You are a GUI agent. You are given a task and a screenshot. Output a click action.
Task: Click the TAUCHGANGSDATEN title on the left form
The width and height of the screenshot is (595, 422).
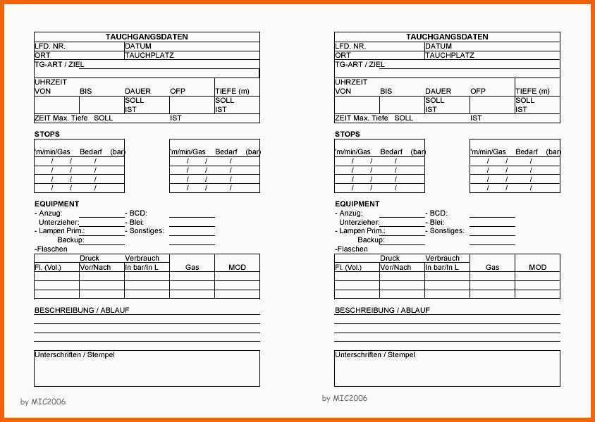pos(147,37)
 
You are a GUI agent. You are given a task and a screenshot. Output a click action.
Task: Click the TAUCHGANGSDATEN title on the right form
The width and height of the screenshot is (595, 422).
pos(447,37)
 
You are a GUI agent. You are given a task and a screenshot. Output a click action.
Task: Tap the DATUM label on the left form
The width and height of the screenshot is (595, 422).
pos(138,46)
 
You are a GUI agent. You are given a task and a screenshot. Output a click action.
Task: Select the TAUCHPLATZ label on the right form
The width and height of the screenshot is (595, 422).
pos(449,55)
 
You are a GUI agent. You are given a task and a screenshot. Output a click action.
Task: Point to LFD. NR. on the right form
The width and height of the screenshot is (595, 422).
pos(350,46)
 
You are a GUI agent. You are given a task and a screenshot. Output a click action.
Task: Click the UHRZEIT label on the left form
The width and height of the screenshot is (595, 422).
pos(51,82)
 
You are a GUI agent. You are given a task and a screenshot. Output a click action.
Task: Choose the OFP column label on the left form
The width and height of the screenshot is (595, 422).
pos(178,91)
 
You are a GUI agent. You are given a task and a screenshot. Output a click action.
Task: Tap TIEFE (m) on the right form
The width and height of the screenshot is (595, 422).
pos(532,91)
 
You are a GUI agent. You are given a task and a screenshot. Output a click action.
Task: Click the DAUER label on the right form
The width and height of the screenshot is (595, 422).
pos(438,91)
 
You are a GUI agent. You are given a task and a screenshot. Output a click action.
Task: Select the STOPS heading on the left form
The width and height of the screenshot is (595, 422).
pos(47,134)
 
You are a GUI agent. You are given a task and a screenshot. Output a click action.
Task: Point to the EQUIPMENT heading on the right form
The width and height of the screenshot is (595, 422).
pos(357,204)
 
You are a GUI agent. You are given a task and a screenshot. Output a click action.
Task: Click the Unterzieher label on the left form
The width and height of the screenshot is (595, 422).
pos(59,222)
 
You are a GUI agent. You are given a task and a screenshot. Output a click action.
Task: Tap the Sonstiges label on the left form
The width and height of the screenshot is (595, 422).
pos(146,230)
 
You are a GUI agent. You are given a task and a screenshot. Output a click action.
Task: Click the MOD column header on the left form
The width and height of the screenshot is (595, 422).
pos(237,267)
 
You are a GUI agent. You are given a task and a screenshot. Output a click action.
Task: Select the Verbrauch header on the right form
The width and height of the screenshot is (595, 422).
pos(442,258)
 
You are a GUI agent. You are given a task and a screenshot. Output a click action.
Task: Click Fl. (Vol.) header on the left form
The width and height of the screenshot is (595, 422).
pos(48,267)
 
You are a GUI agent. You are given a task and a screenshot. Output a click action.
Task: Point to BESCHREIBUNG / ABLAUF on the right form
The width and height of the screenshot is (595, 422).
pos(382,310)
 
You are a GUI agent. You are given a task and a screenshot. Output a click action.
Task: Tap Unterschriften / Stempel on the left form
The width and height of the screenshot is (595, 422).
pos(75,354)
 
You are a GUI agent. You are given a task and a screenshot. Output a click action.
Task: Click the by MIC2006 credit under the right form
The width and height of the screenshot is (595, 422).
pos(345,398)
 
